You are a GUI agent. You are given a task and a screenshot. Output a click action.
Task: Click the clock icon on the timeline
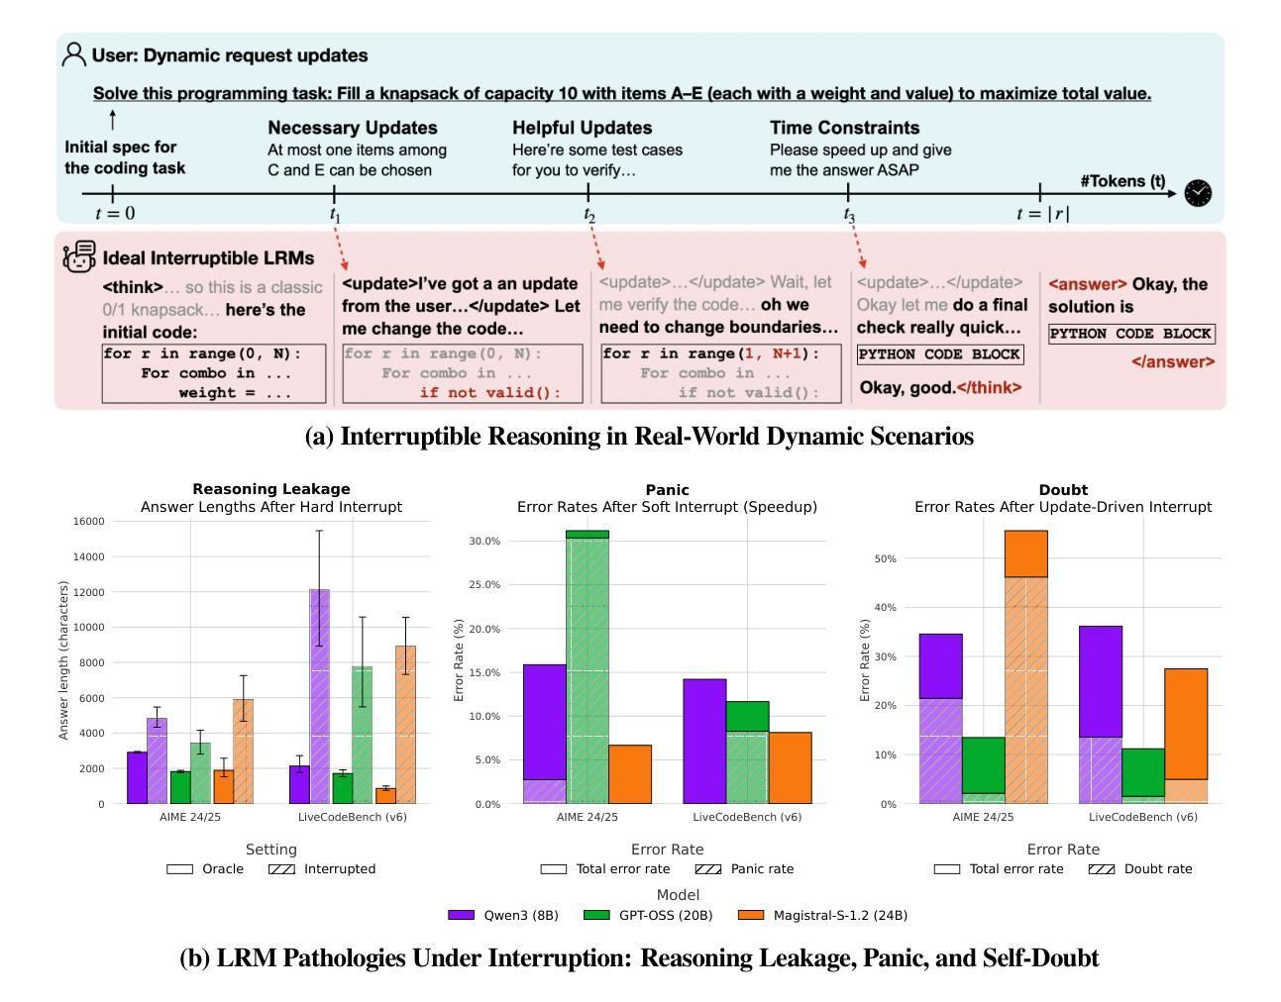[1198, 193]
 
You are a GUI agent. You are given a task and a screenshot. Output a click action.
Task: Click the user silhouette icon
[73, 54]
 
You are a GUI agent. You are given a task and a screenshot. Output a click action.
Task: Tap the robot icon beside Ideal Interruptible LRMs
[79, 256]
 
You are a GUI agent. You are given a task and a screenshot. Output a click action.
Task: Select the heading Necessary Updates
[352, 128]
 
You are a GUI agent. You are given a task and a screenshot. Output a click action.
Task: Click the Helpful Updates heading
[582, 128]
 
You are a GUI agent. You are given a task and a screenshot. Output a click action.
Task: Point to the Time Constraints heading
[844, 128]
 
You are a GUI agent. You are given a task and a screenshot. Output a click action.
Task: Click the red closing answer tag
[1173, 361]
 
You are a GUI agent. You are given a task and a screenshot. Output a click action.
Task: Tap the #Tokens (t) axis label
[1122, 181]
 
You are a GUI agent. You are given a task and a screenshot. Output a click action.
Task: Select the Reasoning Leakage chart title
[270, 489]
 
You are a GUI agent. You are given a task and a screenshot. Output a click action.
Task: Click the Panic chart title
[667, 490]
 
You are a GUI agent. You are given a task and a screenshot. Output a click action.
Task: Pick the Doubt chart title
[1063, 490]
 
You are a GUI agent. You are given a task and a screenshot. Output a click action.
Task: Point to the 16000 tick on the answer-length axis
[88, 521]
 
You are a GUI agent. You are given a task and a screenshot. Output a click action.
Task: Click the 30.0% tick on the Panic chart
[484, 542]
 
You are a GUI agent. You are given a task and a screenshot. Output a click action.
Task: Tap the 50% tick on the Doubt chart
[885, 558]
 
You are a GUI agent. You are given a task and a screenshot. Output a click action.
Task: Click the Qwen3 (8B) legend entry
[502, 915]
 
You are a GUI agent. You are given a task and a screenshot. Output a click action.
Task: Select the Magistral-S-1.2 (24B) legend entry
[822, 915]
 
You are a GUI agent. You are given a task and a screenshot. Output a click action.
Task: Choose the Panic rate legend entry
[745, 868]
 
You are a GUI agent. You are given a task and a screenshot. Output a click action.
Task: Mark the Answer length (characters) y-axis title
[63, 660]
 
